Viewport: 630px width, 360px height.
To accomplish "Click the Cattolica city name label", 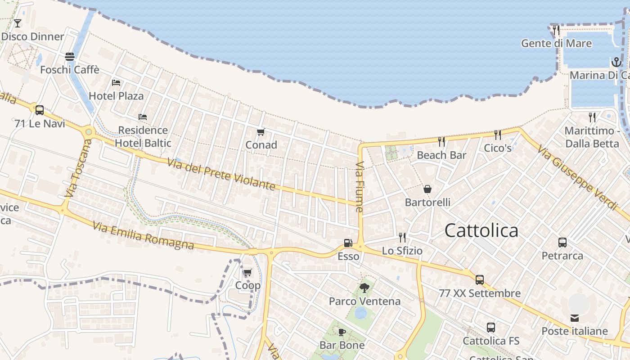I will coord(481,230).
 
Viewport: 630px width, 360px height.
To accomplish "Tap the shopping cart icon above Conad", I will coord(261,132).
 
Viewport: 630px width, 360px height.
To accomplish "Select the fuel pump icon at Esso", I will coord(348,243).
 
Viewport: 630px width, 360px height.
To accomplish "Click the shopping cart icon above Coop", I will coord(247,272).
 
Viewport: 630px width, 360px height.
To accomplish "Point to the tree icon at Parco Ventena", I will coord(364,288).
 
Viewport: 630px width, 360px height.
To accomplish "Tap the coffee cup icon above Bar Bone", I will coord(342,332).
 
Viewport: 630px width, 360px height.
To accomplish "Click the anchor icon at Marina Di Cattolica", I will coord(616,62).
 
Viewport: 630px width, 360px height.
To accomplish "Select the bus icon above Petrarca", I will coord(562,243).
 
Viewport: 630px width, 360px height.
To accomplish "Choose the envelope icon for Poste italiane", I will coord(575,318).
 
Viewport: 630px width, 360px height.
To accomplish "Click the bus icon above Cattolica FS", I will coord(490,328).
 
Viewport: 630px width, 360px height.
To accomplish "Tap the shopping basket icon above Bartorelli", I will coord(427,189).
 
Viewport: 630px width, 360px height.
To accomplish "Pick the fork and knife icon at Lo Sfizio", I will coord(402,237).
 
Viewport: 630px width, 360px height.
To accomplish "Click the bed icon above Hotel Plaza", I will coord(116,83).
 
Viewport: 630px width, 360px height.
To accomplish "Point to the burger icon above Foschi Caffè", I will coord(70,57).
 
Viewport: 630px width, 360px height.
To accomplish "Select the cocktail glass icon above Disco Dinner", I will coord(18,23).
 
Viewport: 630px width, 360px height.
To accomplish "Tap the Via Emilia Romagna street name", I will coord(144,236).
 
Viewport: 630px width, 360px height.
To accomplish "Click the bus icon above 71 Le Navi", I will coord(40,110).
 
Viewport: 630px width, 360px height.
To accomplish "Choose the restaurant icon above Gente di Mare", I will coord(556,30).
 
